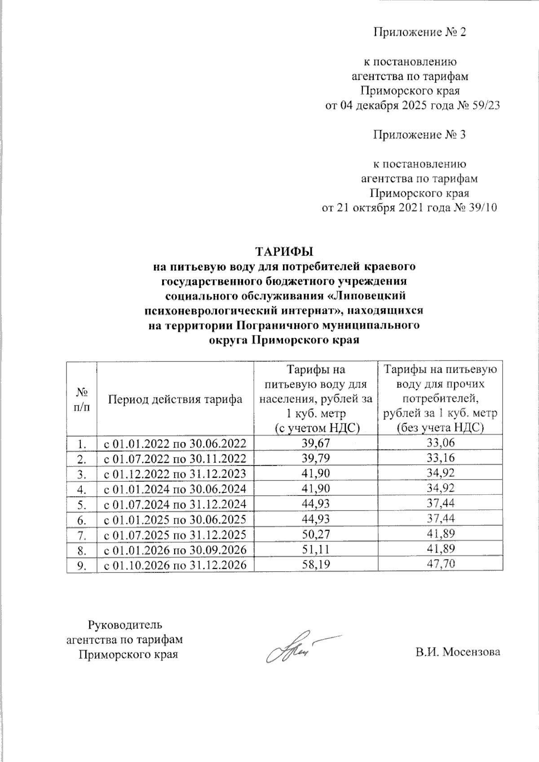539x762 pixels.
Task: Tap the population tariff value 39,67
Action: pyautogui.click(x=316, y=443)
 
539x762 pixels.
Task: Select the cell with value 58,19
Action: pyautogui.click(x=316, y=565)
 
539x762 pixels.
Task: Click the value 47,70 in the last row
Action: pyautogui.click(x=441, y=564)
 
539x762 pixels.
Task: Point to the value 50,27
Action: pyautogui.click(x=316, y=534)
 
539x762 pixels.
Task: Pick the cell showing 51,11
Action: pyautogui.click(x=316, y=550)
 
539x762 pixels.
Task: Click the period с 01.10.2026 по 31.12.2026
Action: pyautogui.click(x=175, y=565)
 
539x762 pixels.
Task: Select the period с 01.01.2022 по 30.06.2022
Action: pyautogui.click(x=175, y=444)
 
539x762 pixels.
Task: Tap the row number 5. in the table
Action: pyautogui.click(x=81, y=504)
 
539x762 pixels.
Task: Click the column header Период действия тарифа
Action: pyautogui.click(x=175, y=399)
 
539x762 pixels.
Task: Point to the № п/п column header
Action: pyautogui.click(x=81, y=399)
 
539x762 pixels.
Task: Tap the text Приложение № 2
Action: pyautogui.click(x=420, y=32)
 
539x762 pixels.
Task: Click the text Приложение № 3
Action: pyautogui.click(x=420, y=135)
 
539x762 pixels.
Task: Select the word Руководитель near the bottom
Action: pyautogui.click(x=125, y=625)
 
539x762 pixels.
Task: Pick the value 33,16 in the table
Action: pyautogui.click(x=441, y=458)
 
